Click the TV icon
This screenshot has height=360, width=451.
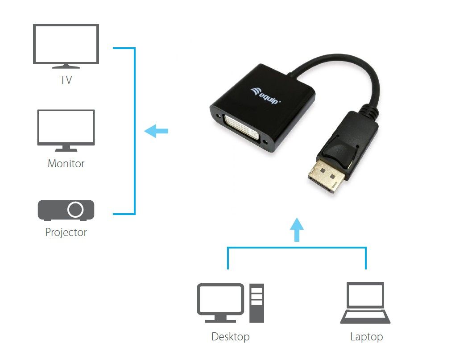pyautogui.click(x=66, y=46)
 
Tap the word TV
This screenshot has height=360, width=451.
pyautogui.click(x=66, y=81)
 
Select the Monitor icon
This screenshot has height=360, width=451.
pyautogui.click(x=66, y=129)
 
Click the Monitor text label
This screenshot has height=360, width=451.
pyautogui.click(x=66, y=164)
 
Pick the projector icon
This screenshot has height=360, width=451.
pyautogui.click(x=66, y=210)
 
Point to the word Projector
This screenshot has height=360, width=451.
pyautogui.click(x=66, y=232)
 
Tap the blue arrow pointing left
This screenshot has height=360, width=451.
pyautogui.click(x=156, y=131)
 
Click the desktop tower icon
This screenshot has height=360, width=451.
pyautogui.click(x=257, y=303)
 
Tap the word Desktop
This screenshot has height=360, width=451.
pyautogui.click(x=230, y=336)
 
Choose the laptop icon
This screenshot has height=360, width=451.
pyautogui.click(x=365, y=302)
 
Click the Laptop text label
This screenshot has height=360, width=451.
pyautogui.click(x=366, y=336)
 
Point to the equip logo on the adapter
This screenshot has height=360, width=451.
pyautogui.click(x=265, y=95)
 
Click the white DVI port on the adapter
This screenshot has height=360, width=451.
pyautogui.click(x=244, y=128)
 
